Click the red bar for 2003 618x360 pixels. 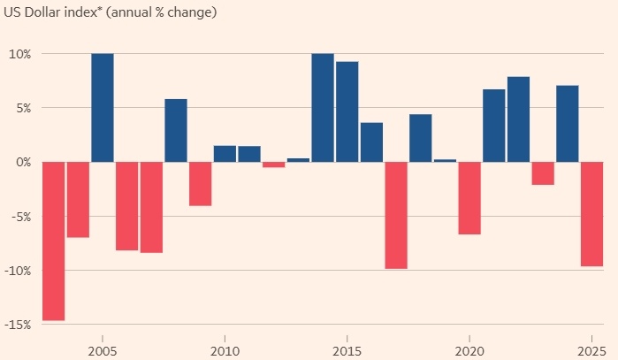(x=54, y=241)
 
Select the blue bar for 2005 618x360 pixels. (x=103, y=108)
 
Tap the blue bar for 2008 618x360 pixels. (x=176, y=130)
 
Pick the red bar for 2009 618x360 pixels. (x=201, y=184)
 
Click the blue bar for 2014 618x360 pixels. (x=323, y=108)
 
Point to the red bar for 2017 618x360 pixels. (x=396, y=215)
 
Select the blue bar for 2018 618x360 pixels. (x=420, y=138)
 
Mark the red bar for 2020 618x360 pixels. (x=469, y=198)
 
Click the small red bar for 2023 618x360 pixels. (x=543, y=173)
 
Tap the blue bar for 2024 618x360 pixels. (x=567, y=124)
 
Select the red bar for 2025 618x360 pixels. (x=591, y=214)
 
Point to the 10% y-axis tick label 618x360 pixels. (x=19, y=54)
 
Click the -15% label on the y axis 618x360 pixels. (x=18, y=325)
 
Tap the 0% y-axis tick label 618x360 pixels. (x=22, y=162)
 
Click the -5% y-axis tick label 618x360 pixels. (x=20, y=217)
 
